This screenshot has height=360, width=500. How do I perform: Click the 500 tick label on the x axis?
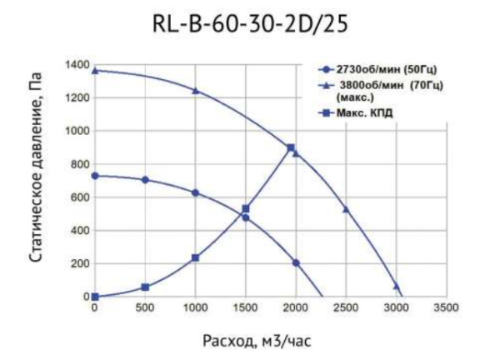145,307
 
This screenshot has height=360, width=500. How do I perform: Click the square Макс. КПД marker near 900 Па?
291,148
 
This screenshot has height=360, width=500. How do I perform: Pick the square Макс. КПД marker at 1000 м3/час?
195,257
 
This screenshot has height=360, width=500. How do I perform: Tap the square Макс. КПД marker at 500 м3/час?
145,287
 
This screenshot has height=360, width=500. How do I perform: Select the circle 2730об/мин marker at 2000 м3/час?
296,262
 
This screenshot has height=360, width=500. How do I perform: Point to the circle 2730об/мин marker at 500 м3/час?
145,179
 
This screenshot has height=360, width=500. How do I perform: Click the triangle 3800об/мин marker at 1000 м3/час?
196,90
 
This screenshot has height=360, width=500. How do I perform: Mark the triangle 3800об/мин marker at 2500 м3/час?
346,209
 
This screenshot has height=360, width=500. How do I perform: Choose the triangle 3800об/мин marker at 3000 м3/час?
397,286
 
